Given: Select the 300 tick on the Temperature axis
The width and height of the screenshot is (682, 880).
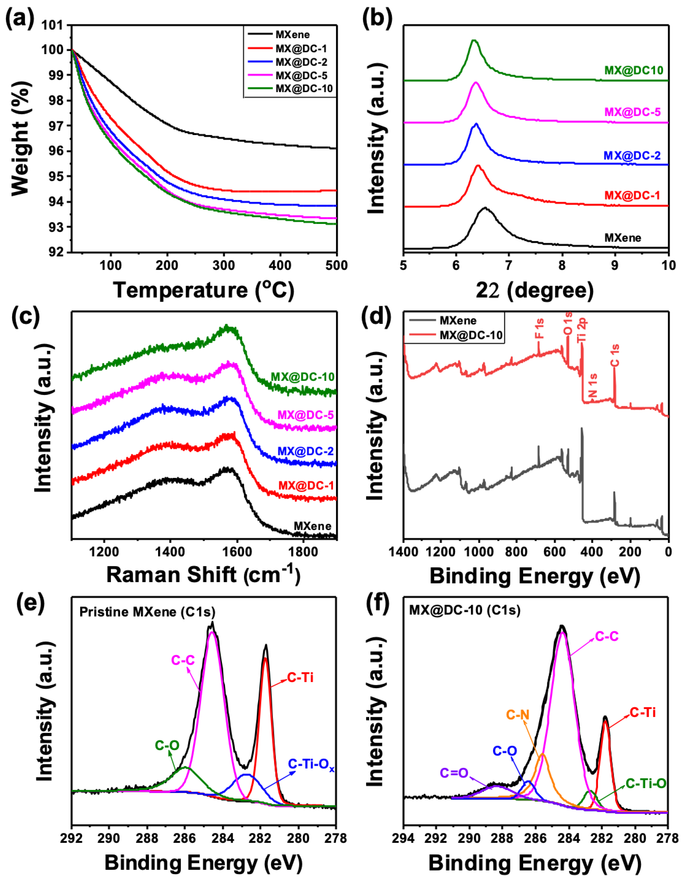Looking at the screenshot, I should click(223, 266).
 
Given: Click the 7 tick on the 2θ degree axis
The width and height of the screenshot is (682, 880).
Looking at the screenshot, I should click(509, 266).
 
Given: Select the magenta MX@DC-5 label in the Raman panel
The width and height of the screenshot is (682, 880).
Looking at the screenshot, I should click(305, 415).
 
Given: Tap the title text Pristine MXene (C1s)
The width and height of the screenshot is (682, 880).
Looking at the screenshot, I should click(147, 612).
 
